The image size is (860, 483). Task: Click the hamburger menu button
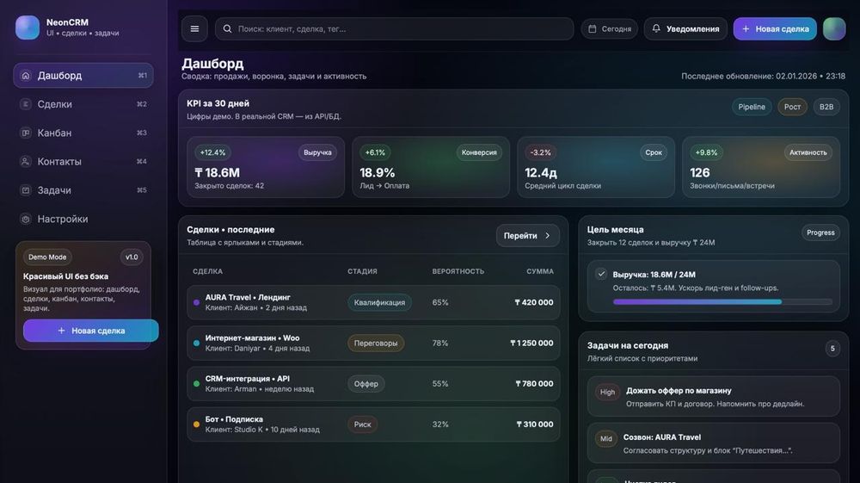[x=194, y=28]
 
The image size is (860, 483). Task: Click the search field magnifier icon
[x=228, y=28]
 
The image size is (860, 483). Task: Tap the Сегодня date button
[x=610, y=28]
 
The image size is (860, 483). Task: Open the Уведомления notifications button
[x=685, y=28]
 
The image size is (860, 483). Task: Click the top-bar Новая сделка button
[x=775, y=28]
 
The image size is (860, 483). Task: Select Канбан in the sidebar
[x=54, y=133]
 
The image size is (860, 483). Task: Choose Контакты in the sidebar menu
[x=59, y=161]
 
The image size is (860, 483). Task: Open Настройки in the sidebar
[x=62, y=219]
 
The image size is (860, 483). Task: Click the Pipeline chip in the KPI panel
[x=752, y=107]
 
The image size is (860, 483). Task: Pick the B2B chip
[x=826, y=107]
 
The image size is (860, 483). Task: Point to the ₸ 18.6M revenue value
[x=218, y=172]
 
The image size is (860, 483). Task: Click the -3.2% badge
[x=540, y=152]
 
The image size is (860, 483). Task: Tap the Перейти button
[x=527, y=235]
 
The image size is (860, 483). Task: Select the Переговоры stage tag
[x=376, y=343]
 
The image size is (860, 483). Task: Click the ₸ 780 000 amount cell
[x=534, y=383]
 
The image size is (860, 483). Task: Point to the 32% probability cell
[x=440, y=424]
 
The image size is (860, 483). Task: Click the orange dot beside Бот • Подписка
[x=197, y=424]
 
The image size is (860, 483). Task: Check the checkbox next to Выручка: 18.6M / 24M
[x=601, y=274]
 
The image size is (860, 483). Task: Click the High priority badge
[x=607, y=392]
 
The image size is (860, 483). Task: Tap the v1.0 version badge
[x=132, y=257]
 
